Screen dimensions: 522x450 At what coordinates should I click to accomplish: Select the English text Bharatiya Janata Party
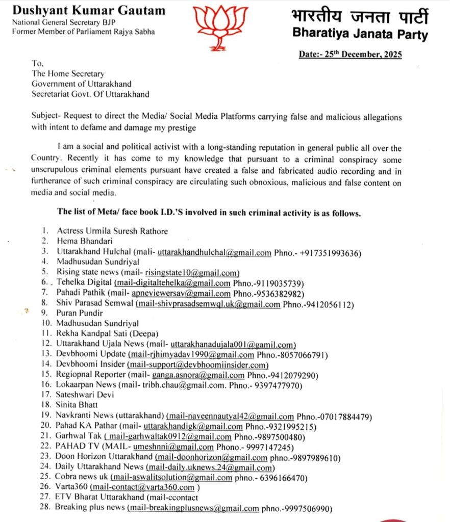click(x=360, y=35)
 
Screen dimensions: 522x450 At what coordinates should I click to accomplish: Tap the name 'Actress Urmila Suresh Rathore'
click(x=112, y=231)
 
